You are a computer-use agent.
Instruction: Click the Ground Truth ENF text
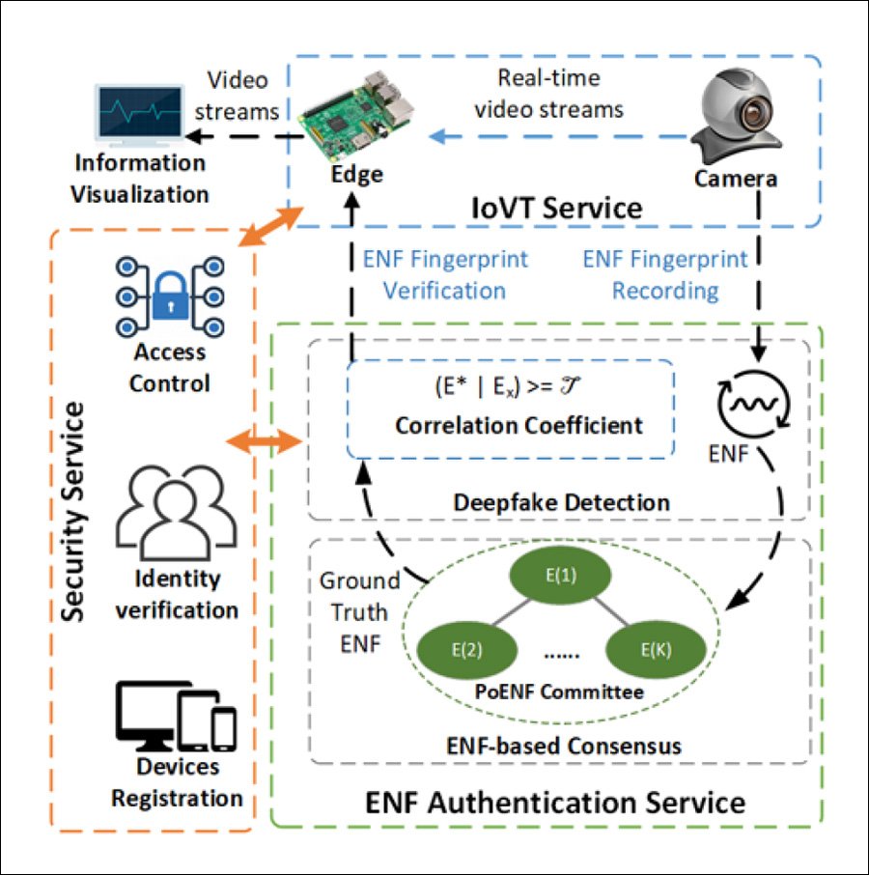358,612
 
